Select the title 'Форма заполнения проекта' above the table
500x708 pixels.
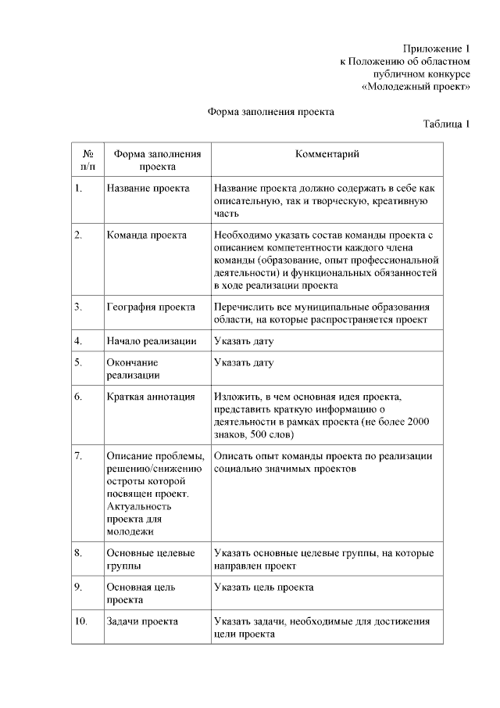270,112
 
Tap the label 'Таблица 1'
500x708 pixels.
446,124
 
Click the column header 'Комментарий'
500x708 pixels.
327,154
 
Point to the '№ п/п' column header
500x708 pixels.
88,160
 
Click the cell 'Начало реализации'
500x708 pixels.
151,341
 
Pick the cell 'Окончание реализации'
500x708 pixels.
132,368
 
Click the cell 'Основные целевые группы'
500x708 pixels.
150,559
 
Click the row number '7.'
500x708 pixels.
78,455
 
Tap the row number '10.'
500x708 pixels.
80,622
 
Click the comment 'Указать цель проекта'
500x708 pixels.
263,587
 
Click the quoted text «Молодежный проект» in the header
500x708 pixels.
416,87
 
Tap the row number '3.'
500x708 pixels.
78,306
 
